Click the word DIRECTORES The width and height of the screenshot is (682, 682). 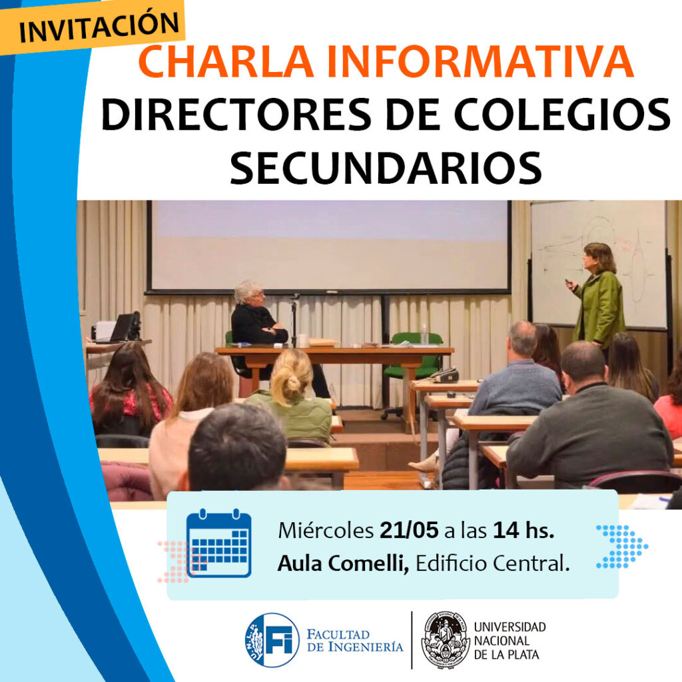236,114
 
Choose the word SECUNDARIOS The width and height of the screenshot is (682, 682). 386,167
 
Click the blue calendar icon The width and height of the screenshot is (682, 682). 218,543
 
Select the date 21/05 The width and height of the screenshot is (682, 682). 409,531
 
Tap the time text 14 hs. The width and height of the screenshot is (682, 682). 523,531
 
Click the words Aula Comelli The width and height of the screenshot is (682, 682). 343,563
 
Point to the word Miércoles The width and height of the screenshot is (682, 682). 326,531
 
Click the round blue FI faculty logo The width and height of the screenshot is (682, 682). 272,640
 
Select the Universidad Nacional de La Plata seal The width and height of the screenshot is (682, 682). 446,640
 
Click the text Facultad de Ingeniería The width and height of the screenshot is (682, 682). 355,641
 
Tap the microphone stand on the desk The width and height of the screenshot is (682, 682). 294,320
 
